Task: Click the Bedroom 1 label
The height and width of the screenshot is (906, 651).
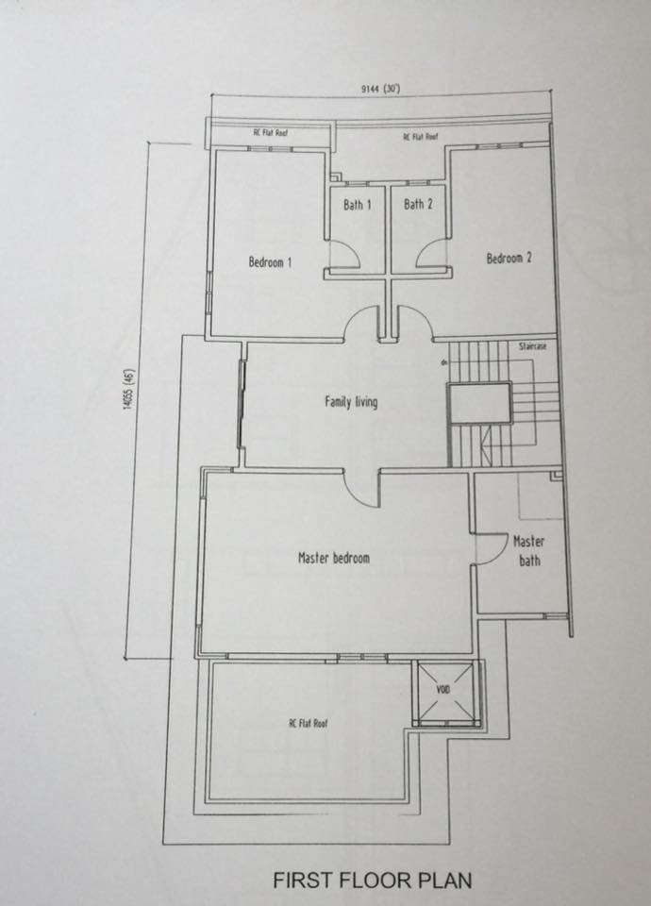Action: (270, 262)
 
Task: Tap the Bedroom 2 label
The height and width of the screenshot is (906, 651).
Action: (509, 258)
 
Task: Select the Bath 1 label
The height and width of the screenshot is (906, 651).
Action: (357, 205)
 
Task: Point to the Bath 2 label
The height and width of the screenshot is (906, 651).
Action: (418, 204)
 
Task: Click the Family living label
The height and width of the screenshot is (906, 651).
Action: (351, 402)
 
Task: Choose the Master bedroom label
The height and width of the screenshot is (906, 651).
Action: (334, 558)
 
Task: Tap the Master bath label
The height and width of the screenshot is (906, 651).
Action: (529, 550)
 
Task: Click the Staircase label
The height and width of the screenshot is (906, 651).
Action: (532, 346)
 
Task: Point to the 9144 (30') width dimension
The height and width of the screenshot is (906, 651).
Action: (380, 89)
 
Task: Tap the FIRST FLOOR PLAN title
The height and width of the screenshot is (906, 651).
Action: (373, 880)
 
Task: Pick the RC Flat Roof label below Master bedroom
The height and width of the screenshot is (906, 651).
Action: (309, 723)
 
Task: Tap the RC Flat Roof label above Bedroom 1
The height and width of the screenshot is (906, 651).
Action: (271, 132)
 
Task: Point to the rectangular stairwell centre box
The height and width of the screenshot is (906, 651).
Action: (480, 403)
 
